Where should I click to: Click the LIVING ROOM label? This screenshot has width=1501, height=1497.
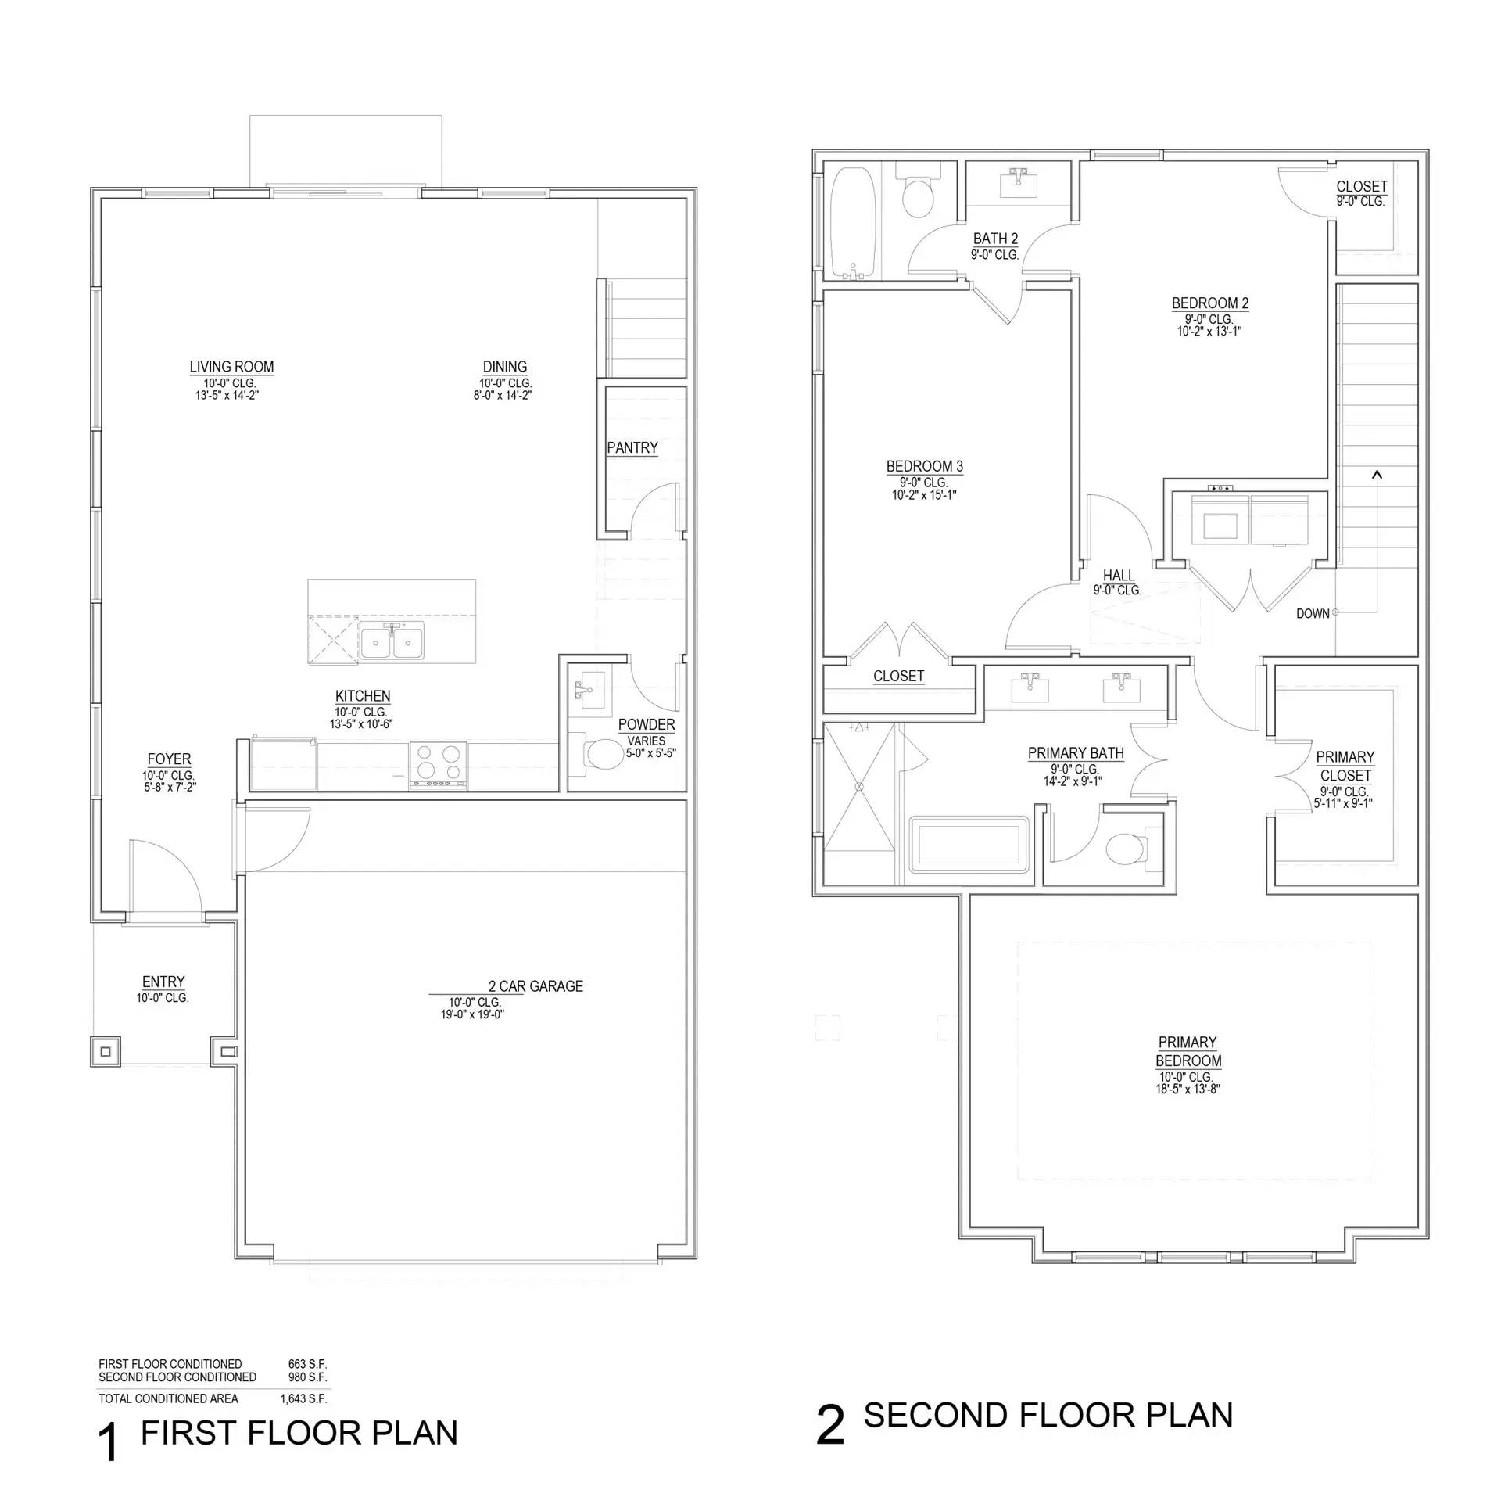[231, 367]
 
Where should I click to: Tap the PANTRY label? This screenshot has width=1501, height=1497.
[632, 448]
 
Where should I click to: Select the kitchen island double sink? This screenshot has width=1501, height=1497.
[392, 642]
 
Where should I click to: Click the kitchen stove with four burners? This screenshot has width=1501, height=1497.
[438, 764]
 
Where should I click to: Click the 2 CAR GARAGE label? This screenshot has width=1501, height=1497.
[536, 986]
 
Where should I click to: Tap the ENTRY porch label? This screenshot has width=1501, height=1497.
[163, 982]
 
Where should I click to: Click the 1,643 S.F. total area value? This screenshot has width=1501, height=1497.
[303, 1398]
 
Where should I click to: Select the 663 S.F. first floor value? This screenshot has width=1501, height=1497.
[307, 1364]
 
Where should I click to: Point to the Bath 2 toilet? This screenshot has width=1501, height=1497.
[917, 192]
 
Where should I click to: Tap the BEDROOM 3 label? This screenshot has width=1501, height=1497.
[925, 467]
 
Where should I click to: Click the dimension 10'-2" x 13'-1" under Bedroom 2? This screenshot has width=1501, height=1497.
[1209, 331]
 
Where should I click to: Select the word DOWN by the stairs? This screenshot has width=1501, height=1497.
[1313, 614]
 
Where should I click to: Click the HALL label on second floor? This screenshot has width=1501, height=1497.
[1119, 576]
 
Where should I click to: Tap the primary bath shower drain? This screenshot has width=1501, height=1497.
[859, 786]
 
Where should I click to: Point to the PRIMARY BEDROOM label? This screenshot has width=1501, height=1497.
[1188, 1051]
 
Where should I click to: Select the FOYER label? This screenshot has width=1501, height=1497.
[169, 759]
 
